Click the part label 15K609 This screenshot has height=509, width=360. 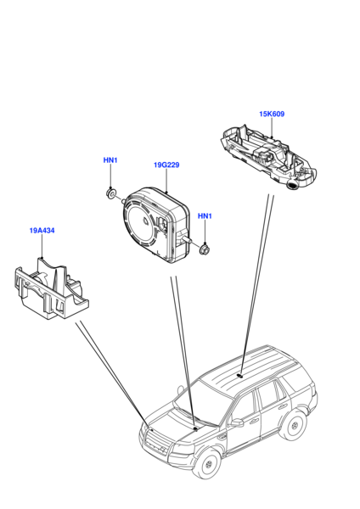(x=272, y=114)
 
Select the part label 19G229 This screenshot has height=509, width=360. (x=166, y=165)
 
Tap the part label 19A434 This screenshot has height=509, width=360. (x=42, y=231)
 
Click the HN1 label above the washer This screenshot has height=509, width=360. (x=110, y=160)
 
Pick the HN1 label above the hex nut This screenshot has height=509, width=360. (x=205, y=215)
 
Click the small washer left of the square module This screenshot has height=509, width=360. (x=111, y=193)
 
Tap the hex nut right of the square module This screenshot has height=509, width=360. (x=204, y=249)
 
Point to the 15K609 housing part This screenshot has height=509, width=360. (x=268, y=157)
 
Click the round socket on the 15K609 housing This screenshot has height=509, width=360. (x=292, y=185)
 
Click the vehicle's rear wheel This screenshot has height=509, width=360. (x=295, y=424)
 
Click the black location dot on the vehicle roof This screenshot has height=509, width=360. (x=240, y=375)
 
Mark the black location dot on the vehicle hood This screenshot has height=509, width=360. (x=195, y=428)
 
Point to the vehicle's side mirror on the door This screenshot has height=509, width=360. (x=236, y=422)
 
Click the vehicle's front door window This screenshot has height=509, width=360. (x=243, y=405)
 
